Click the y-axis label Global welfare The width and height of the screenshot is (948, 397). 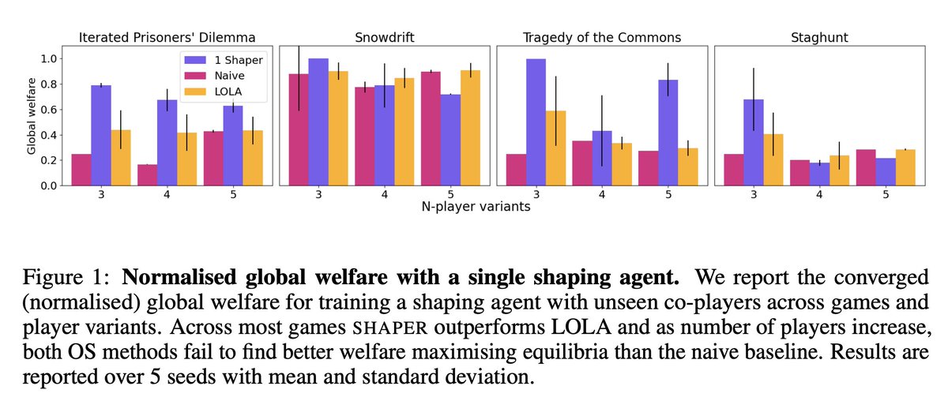[x=31, y=118]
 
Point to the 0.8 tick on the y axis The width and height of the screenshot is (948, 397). [x=50, y=84]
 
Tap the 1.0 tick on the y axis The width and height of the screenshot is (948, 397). [x=50, y=58]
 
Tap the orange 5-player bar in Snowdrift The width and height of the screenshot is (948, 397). [x=469, y=128]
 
